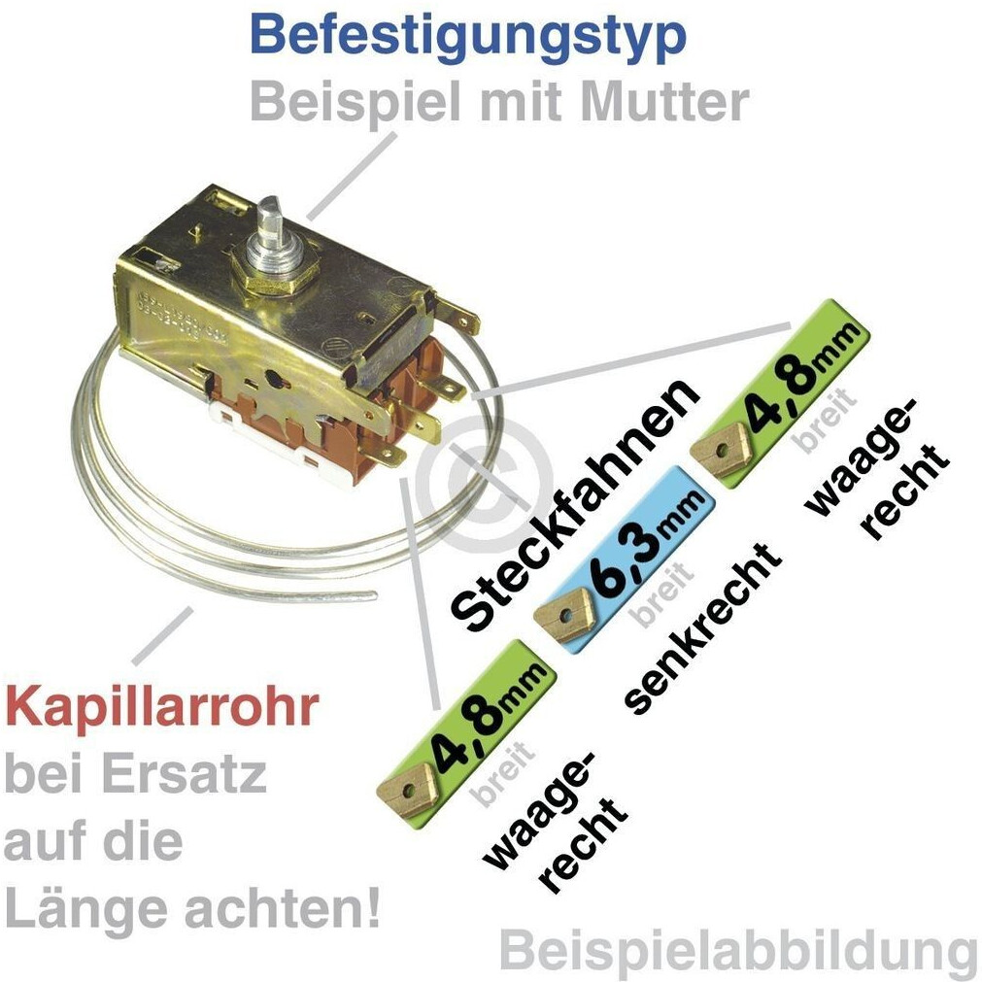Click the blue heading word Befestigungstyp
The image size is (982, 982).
[x=467, y=35]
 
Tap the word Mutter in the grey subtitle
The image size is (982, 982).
[x=668, y=100]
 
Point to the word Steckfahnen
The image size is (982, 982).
[x=577, y=504]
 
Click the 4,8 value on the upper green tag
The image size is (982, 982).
[x=785, y=382]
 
